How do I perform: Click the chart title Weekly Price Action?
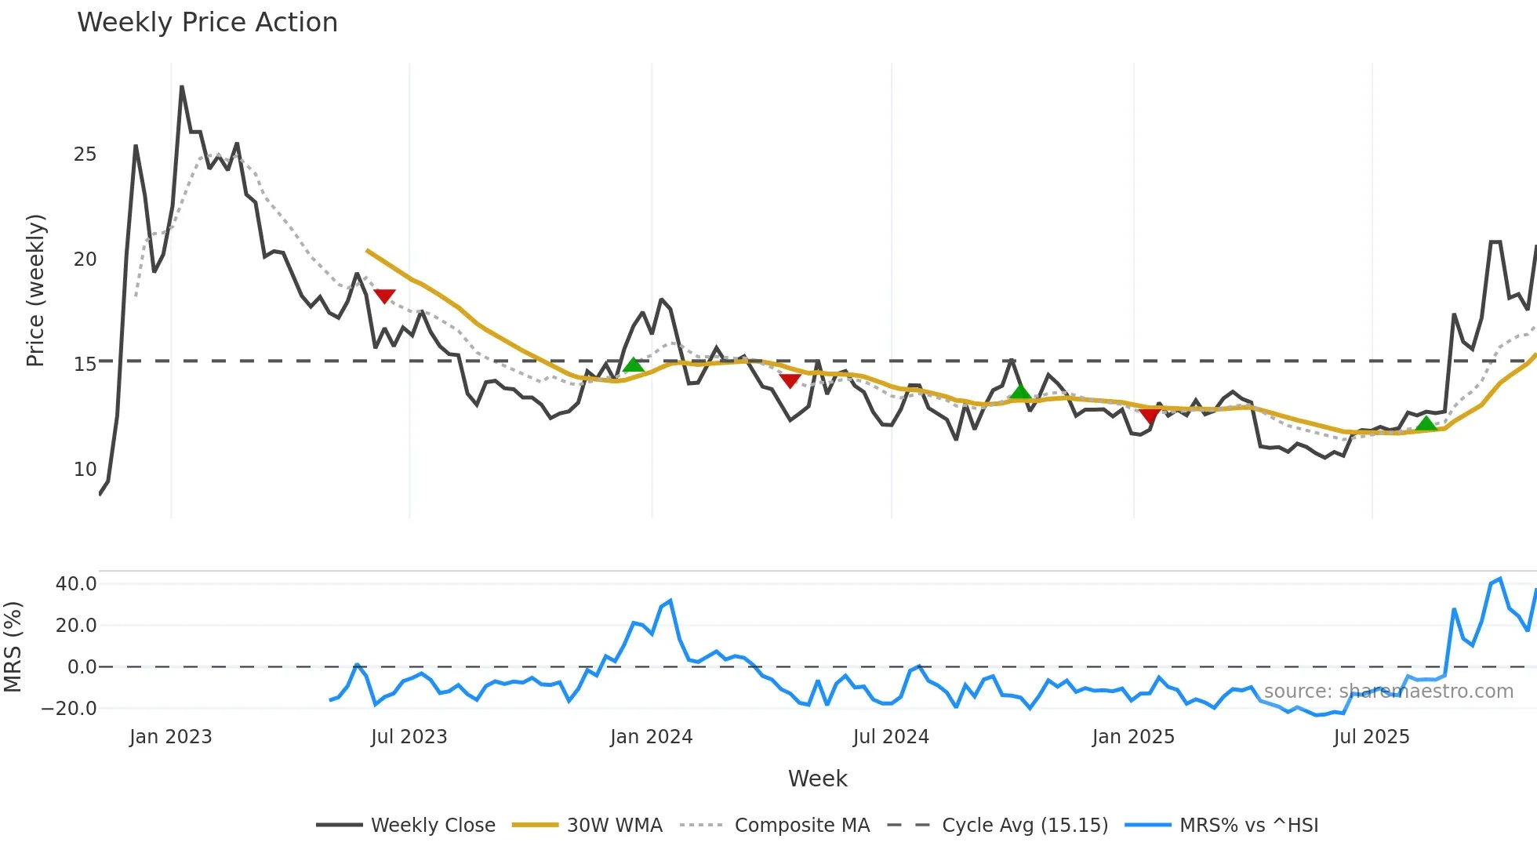click(x=207, y=23)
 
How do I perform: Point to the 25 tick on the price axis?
click(x=85, y=154)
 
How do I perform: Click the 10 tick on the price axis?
click(x=85, y=470)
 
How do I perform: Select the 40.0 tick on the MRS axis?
click(x=76, y=584)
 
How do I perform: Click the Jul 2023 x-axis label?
click(x=409, y=737)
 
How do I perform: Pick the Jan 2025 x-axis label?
click(x=1133, y=737)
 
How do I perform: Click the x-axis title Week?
click(x=817, y=779)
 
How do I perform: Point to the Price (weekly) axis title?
click(x=35, y=290)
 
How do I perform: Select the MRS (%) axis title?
click(x=13, y=647)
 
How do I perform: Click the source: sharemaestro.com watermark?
click(x=1388, y=692)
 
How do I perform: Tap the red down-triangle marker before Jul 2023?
click(x=384, y=296)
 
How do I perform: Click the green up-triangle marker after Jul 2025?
click(x=1426, y=424)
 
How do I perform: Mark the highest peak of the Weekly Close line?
click(x=182, y=86)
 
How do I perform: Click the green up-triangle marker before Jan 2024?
click(x=634, y=365)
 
